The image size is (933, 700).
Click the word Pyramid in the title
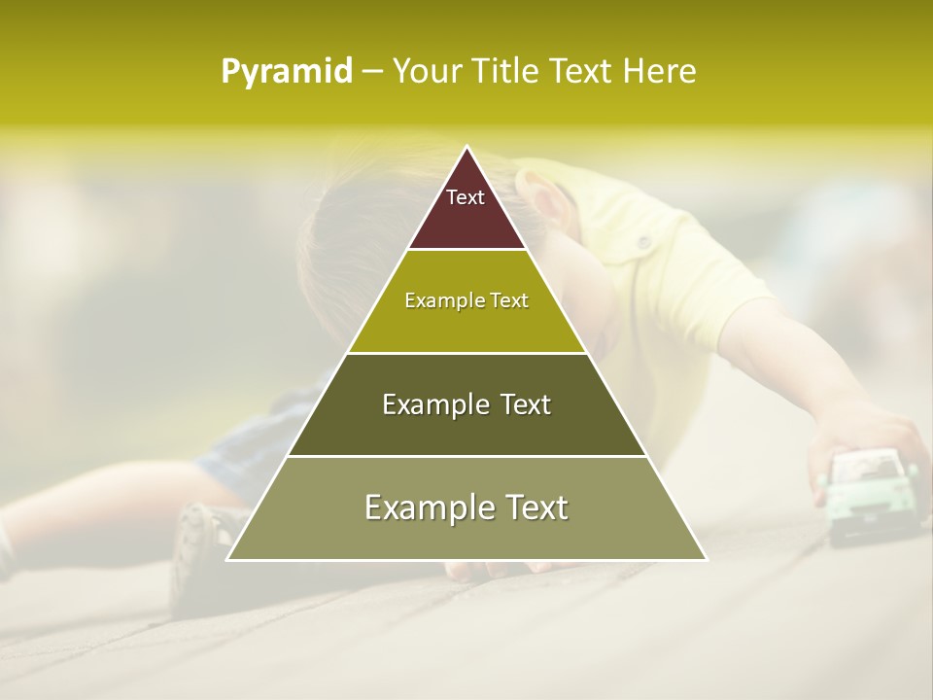(286, 72)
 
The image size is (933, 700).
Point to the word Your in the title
(425, 72)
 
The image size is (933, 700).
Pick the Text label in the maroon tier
(466, 197)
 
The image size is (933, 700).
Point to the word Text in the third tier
(526, 404)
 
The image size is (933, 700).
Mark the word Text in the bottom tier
(536, 507)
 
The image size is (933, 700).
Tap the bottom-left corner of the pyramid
(228, 559)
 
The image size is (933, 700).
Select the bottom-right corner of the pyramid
(706, 559)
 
